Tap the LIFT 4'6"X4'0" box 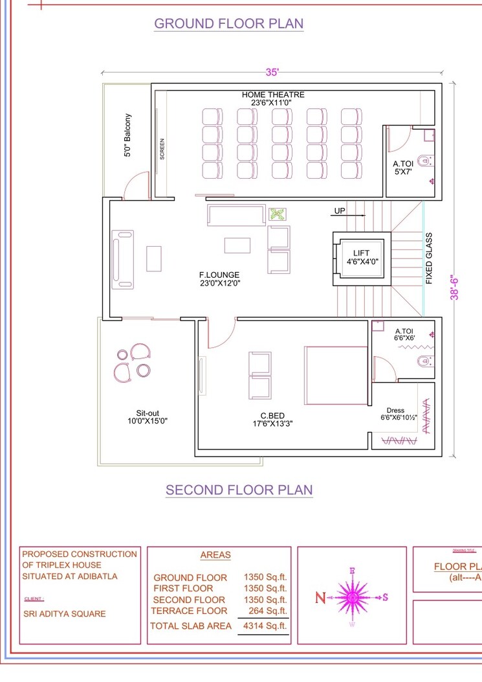[362, 257]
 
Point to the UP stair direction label [340, 210]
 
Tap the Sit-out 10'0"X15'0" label [148, 416]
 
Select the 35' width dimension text [272, 73]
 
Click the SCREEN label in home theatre [162, 149]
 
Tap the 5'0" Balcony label [128, 135]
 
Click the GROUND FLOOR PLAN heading [228, 24]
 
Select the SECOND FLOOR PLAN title [239, 490]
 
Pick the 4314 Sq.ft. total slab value [264, 626]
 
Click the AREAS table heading [215, 555]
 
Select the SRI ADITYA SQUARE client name [64, 613]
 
